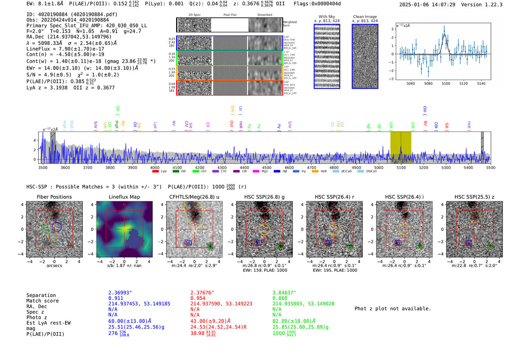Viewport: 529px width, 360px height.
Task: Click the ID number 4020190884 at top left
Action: [53, 14]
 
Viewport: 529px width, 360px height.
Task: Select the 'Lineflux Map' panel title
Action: [124, 197]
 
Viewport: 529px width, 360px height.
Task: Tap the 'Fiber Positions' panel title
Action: [54, 197]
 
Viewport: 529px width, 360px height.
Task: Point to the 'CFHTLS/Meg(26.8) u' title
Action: [194, 197]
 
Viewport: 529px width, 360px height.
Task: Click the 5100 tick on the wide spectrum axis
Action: [401, 168]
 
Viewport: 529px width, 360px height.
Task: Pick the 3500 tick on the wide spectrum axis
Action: [43, 168]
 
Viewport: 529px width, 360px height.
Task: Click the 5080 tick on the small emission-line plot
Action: [428, 83]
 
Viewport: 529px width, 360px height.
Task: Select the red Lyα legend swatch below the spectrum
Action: [155, 172]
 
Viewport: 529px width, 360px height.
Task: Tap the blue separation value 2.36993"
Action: [120, 293]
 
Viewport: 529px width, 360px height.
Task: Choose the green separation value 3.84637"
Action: [284, 293]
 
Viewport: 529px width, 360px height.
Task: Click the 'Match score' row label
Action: [42, 301]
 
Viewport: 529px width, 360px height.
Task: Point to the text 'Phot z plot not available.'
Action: [393, 309]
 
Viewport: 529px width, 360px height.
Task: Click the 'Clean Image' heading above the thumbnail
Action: [365, 17]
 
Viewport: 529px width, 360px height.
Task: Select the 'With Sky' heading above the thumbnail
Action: [326, 17]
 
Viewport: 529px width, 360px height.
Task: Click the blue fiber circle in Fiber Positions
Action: [57, 227]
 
